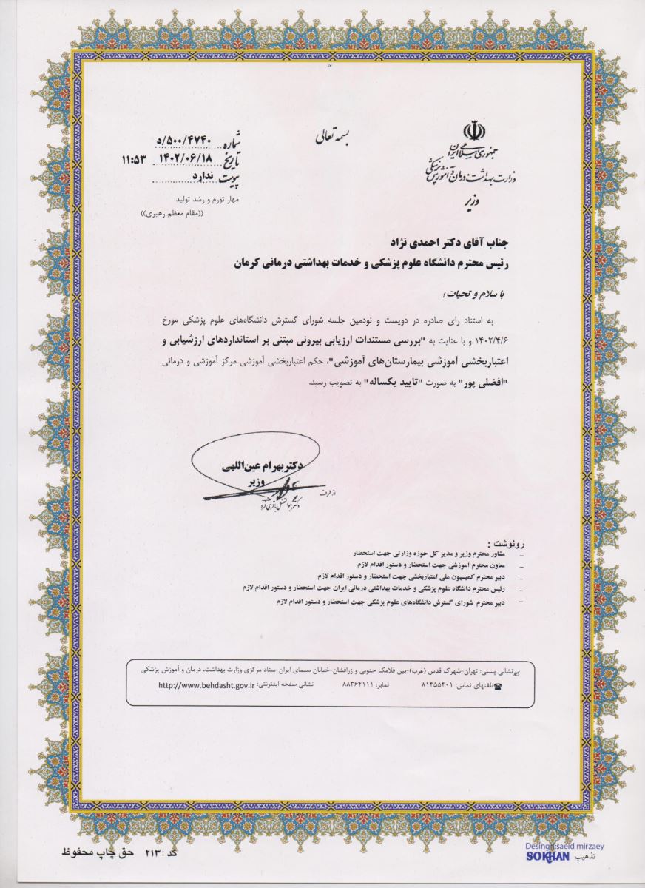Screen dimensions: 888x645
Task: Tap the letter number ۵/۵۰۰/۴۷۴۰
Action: (x=184, y=140)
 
